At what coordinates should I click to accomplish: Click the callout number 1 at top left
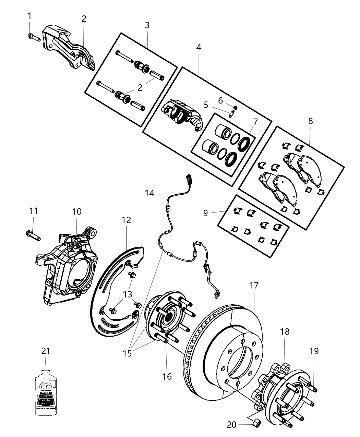pos(29,15)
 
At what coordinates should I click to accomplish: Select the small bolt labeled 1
pos(33,37)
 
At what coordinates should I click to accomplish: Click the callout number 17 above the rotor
pos(254,285)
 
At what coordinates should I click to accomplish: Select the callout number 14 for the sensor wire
pos(149,193)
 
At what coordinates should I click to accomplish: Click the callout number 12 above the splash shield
pos(126,220)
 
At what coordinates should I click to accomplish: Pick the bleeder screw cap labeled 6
pos(236,108)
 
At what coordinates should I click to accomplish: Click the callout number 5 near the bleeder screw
pos(206,105)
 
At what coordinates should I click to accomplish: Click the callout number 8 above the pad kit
pos(310,121)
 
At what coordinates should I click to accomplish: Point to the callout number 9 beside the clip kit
pos(205,213)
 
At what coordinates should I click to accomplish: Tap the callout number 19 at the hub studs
pos(314,351)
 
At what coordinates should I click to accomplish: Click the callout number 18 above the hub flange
pos(285,331)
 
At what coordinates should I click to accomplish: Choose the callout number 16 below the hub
pos(167,376)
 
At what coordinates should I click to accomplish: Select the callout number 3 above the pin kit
pos(147,25)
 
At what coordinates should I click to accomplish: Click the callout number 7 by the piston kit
pos(255,122)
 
